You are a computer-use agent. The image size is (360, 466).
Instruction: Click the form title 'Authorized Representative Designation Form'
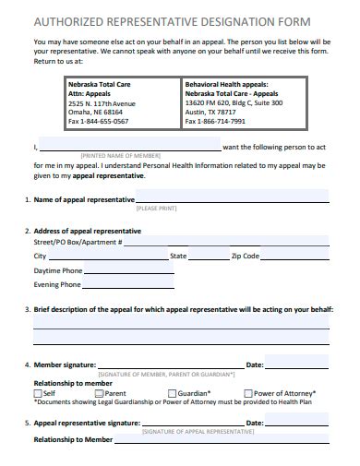[x=172, y=20]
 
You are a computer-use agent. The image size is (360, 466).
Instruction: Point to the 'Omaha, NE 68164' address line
[x=95, y=113]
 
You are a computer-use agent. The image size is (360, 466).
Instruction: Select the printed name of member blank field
[x=130, y=148]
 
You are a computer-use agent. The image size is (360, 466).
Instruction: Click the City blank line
[x=106, y=257]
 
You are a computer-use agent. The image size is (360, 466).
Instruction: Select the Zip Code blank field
[x=296, y=257]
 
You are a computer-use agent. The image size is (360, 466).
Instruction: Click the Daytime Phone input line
[x=128, y=272]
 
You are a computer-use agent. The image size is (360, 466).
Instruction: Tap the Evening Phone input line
[x=128, y=287]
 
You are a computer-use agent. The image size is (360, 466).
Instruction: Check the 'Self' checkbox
[x=38, y=393]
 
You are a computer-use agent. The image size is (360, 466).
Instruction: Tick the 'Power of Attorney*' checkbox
[x=248, y=393]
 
